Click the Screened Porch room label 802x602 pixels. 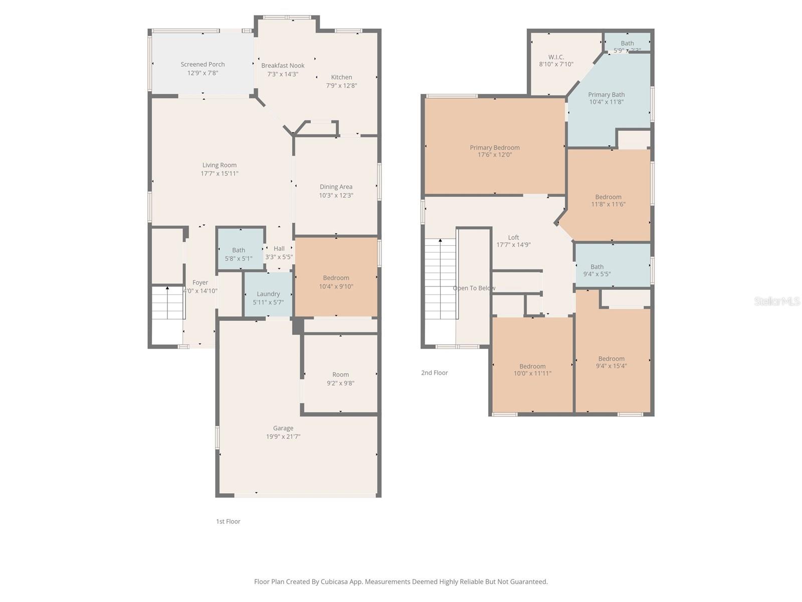coord(203,64)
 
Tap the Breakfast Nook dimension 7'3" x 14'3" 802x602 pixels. coord(283,74)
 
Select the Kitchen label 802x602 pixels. coord(341,77)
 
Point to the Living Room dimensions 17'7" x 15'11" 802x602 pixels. coord(220,174)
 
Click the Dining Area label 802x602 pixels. coord(336,187)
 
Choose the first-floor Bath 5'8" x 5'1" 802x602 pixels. coord(239,254)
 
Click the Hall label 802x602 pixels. coord(279,248)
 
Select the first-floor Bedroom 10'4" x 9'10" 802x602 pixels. coord(336,281)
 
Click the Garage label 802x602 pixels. coord(283,428)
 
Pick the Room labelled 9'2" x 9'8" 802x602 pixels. coord(340,378)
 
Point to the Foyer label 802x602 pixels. coord(200,282)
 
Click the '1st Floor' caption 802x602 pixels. coord(228,521)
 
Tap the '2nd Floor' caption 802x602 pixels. coord(435,373)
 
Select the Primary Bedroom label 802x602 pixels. coord(495,147)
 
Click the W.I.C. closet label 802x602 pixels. coord(556,57)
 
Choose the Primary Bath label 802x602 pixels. coord(607,94)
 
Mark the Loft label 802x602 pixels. coord(513,237)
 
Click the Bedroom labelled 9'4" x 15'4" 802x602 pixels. coord(612,362)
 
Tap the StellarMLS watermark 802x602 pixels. coord(776,301)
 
